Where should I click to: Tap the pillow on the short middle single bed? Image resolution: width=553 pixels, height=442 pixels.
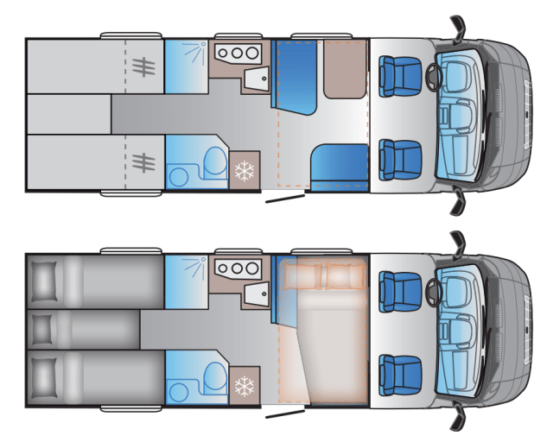(42, 329)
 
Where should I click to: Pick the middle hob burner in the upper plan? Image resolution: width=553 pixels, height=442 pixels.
(236, 54)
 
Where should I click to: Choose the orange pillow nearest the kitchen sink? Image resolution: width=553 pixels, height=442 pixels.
(300, 277)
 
